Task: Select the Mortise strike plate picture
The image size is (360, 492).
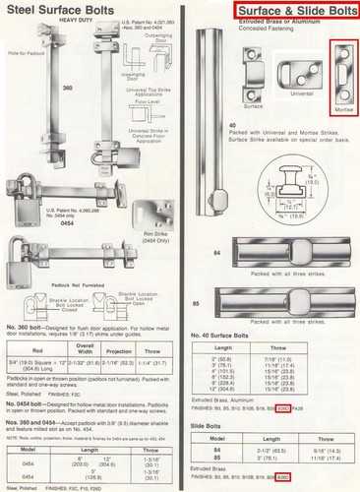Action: (343, 88)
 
